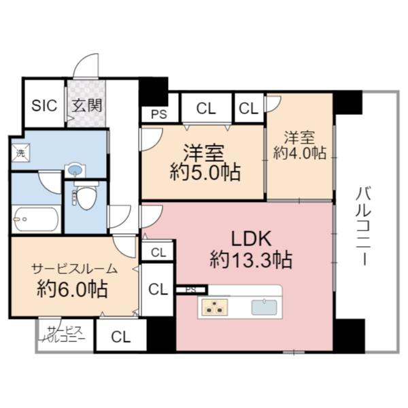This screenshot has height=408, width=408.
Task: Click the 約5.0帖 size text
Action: click(205, 172)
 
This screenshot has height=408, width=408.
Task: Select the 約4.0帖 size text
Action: click(300, 153)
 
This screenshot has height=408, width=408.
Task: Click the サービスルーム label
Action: click(73, 267)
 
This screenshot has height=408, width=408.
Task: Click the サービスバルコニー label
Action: click(65, 333)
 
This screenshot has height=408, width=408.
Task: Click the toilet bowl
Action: click(85, 197)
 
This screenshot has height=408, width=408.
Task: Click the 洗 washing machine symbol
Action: click(20, 153)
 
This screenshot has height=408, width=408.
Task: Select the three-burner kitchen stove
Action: click(217, 307)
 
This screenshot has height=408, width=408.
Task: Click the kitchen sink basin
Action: click(265, 307)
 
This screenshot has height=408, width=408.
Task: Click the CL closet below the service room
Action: click(120, 336)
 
